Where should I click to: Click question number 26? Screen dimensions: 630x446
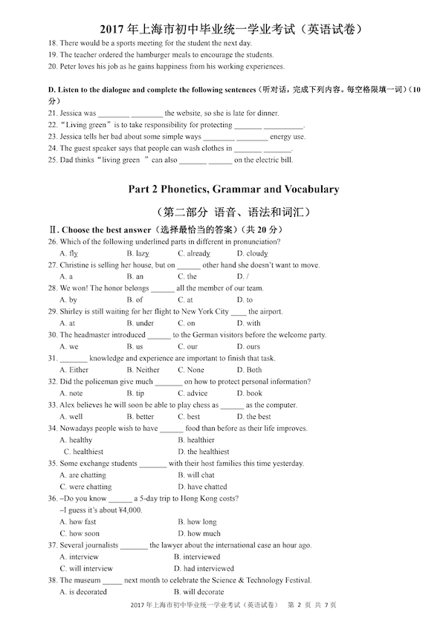point(52,241)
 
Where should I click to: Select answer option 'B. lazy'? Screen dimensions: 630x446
point(138,253)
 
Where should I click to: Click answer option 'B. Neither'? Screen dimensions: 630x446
point(143,370)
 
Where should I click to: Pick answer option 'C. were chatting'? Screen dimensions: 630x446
point(88,487)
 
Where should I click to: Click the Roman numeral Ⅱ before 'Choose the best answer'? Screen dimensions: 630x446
point(52,230)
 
